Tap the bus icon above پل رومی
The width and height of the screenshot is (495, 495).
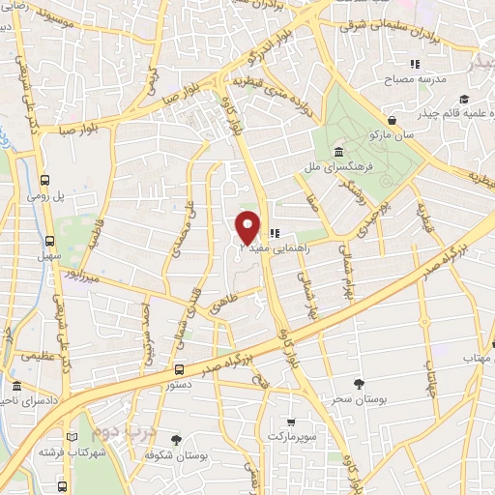[x=46, y=179]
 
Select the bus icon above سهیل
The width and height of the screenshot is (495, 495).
[x=48, y=241]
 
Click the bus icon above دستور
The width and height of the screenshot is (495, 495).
[x=179, y=368]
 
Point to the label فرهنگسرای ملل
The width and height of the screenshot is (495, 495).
[x=341, y=167]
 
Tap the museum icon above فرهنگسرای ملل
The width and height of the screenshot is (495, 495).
[x=339, y=152]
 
